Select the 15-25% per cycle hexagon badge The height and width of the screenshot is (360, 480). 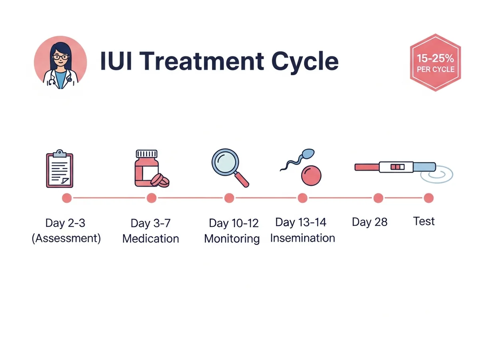pyautogui.click(x=435, y=63)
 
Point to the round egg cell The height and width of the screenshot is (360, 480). pyautogui.click(x=311, y=175)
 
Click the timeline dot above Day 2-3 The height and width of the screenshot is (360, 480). pyautogui.click(x=67, y=198)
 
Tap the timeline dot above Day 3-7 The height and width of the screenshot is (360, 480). pyautogui.click(x=151, y=198)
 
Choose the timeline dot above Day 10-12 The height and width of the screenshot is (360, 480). pyautogui.click(x=229, y=198)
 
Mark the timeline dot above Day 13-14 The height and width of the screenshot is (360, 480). pyautogui.click(x=302, y=198)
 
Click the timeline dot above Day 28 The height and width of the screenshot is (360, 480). pyautogui.click(x=378, y=198)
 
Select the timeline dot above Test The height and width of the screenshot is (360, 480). pyautogui.click(x=428, y=198)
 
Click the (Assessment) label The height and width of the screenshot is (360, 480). pyautogui.click(x=66, y=239)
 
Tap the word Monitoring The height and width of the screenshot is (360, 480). pyautogui.click(x=232, y=239)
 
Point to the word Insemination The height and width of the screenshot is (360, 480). pyautogui.click(x=302, y=238)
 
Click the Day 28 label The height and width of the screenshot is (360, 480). pyautogui.click(x=370, y=222)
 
